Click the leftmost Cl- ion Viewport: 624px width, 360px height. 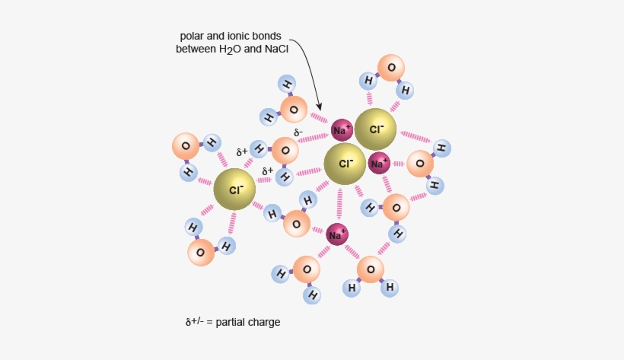(235, 190)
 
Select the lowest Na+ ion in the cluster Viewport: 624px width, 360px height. (337, 234)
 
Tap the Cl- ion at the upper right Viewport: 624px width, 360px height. (377, 129)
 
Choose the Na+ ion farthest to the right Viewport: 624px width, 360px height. (379, 162)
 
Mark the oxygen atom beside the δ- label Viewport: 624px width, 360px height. (285, 150)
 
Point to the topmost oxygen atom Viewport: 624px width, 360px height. (391, 68)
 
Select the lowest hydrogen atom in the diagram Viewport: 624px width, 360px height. (311, 294)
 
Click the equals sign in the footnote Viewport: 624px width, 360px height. (209, 322)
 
